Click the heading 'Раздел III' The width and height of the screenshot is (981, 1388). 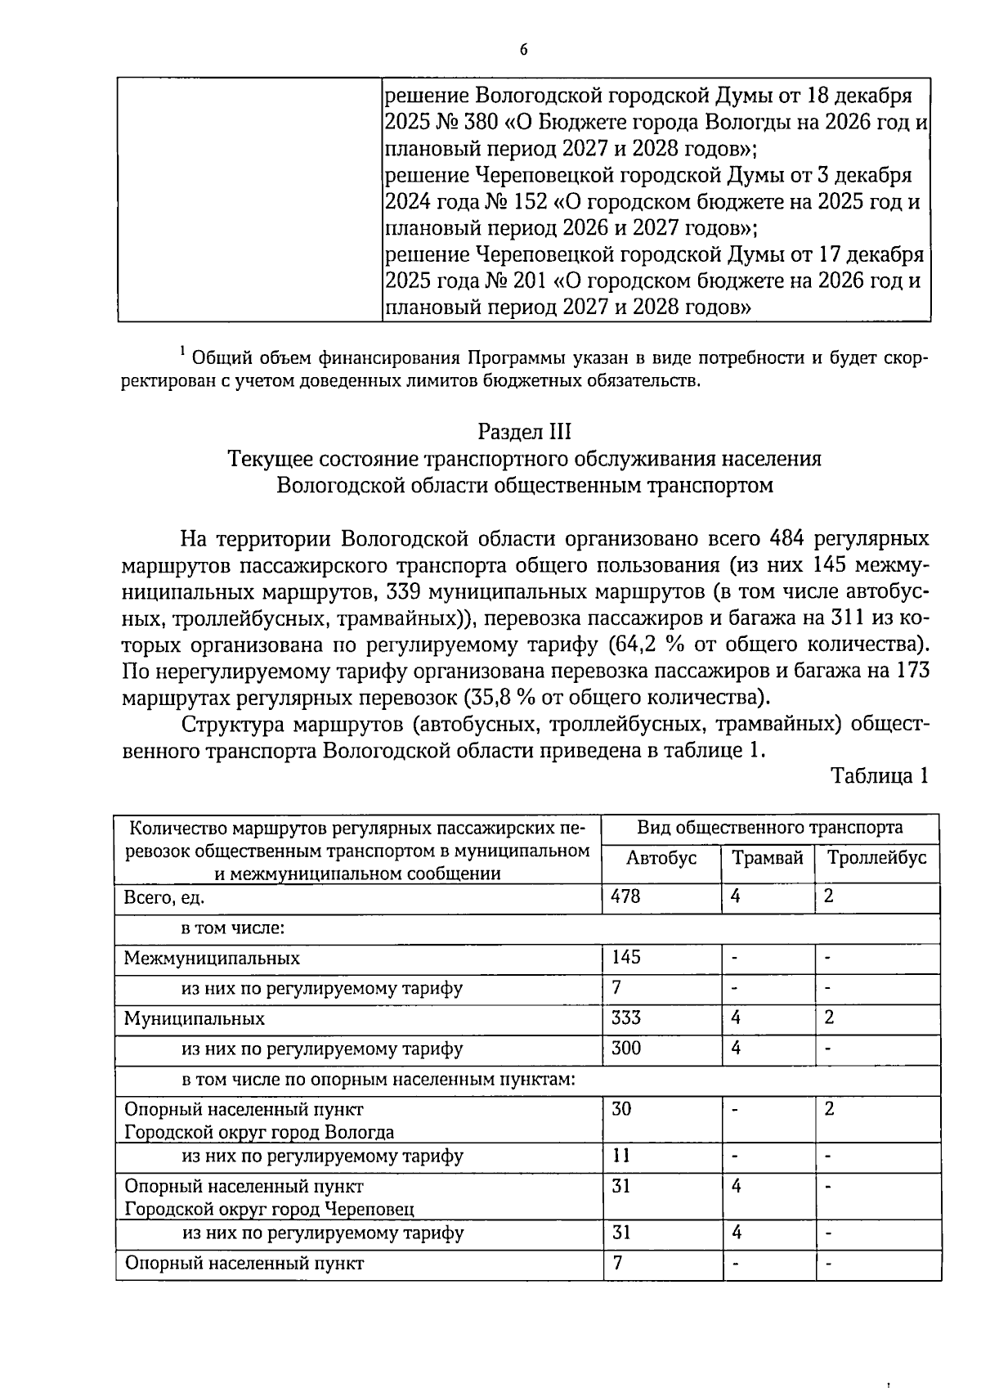pos(524,432)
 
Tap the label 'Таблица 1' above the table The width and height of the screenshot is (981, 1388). pos(880,775)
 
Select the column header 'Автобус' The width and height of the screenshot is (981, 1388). pos(661,858)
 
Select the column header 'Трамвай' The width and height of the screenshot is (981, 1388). pos(767,858)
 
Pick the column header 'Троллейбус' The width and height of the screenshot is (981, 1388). pos(876,858)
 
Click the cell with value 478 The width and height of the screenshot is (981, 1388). pos(625,896)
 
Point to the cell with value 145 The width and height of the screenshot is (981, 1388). pos(625,957)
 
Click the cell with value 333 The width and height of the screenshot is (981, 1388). pos(625,1017)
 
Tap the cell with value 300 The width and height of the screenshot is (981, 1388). pos(625,1048)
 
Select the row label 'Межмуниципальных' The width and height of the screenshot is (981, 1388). pos(212,958)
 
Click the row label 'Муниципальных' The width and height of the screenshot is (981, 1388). pos(194,1019)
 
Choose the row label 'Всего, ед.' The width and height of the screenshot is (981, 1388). pos(163,897)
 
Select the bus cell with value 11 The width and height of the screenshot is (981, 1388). pos(620,1156)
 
